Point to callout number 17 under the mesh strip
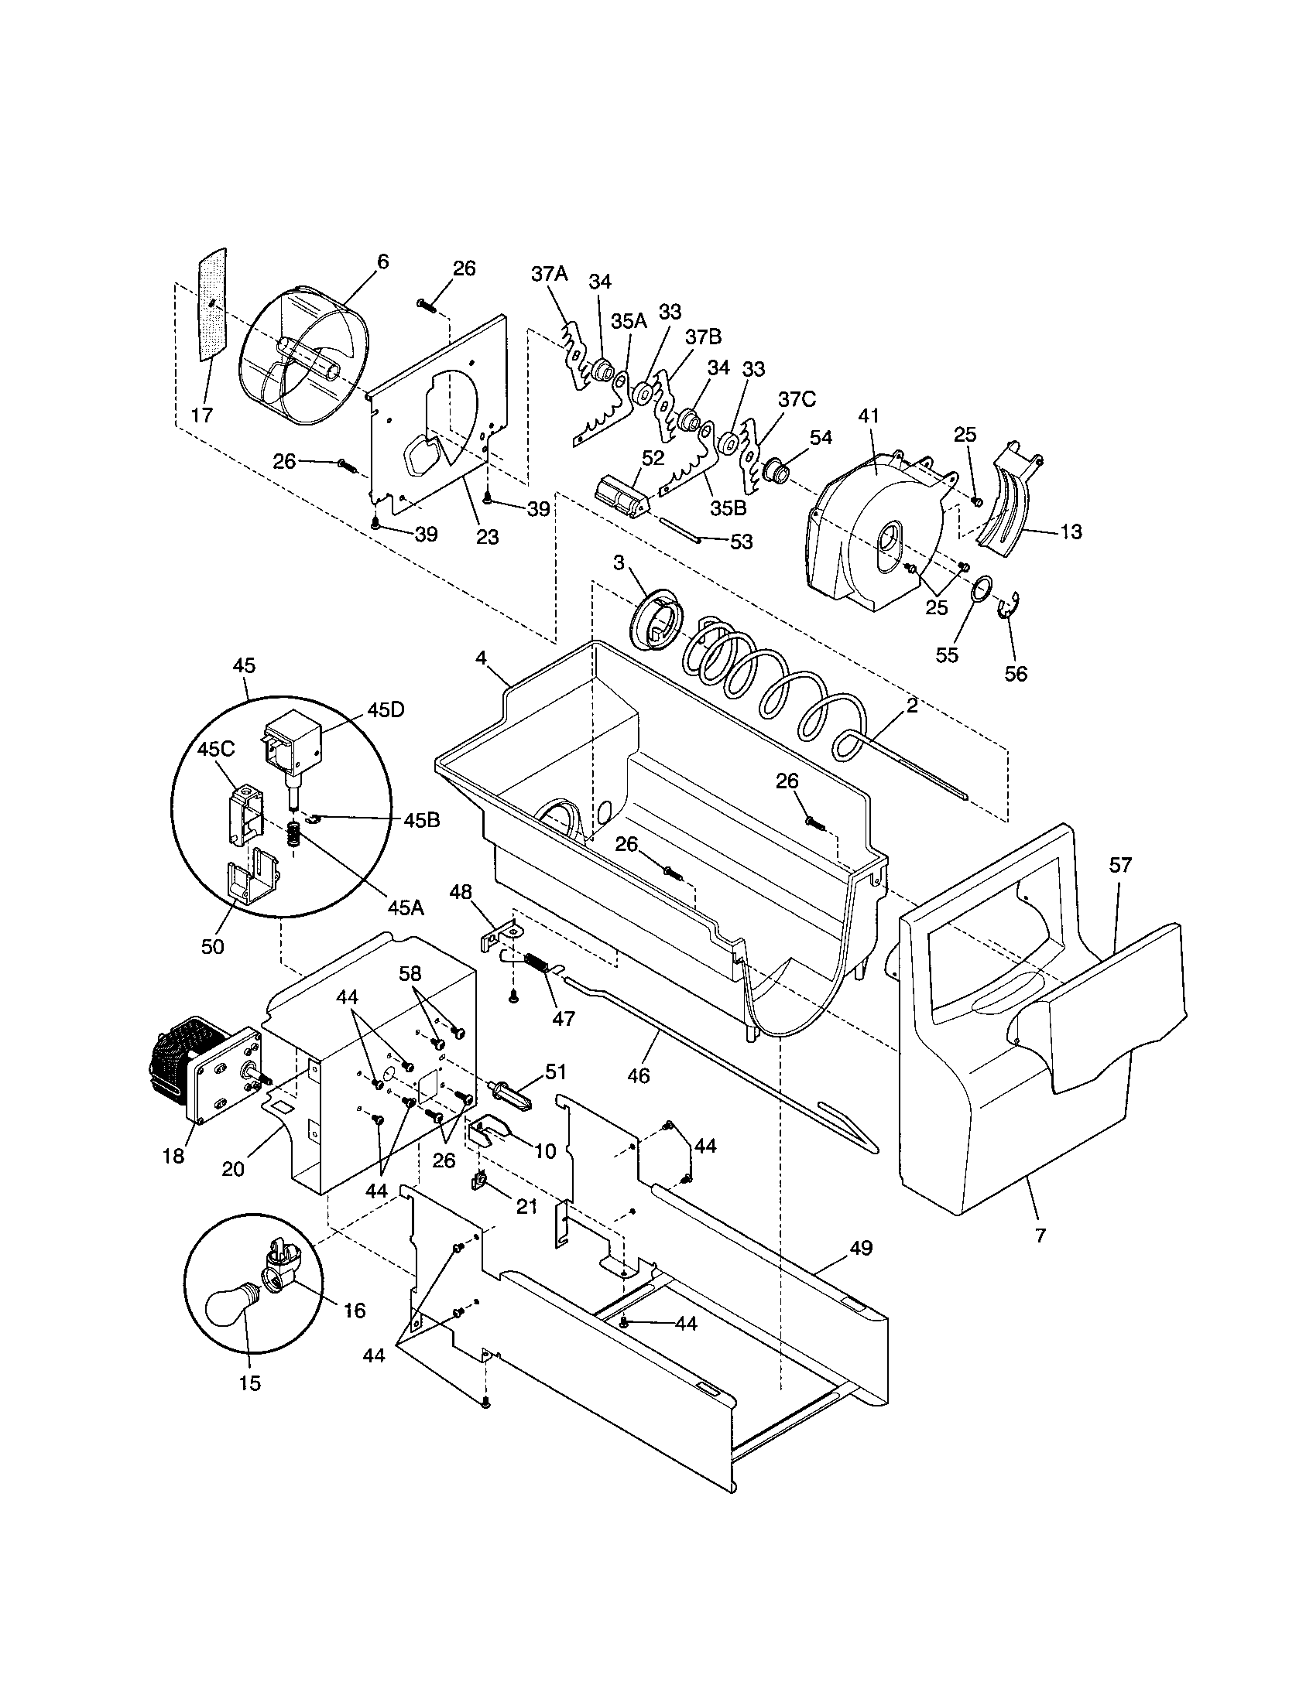tap(201, 415)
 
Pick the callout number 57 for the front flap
tap(1120, 864)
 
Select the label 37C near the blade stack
tap(797, 400)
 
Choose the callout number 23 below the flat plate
tap(487, 537)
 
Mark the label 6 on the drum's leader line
tap(382, 261)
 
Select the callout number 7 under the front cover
tap(1040, 1235)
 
